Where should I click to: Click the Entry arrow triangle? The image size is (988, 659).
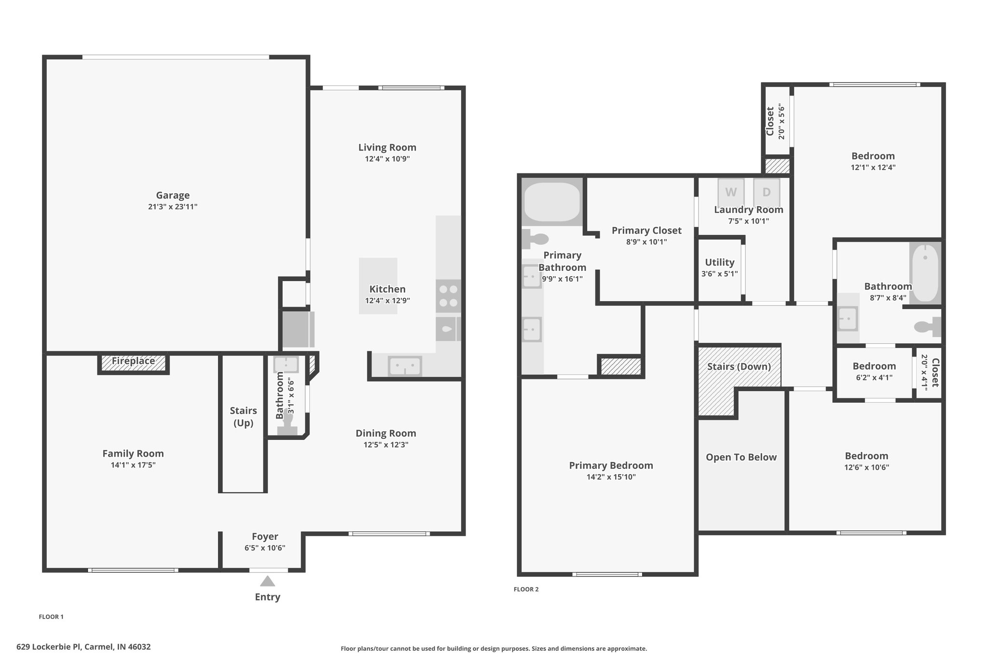click(x=267, y=581)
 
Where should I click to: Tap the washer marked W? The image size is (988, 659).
click(x=731, y=192)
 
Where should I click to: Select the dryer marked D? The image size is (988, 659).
click(x=767, y=192)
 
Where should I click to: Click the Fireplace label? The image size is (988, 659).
click(x=133, y=361)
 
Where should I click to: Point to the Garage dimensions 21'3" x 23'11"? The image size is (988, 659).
click(x=173, y=207)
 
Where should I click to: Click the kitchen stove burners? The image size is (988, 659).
click(x=448, y=296)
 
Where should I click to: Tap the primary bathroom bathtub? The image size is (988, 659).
click(x=552, y=201)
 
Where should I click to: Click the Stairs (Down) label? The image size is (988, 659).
click(x=739, y=366)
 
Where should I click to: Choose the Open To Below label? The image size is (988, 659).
click(x=741, y=457)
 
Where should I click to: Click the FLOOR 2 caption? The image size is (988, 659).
click(x=526, y=589)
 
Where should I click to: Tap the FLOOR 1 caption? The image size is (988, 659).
click(x=51, y=617)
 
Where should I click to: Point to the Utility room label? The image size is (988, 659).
click(x=720, y=262)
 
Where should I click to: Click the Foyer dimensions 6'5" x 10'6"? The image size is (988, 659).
click(x=265, y=548)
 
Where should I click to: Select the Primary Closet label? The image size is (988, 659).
click(x=646, y=230)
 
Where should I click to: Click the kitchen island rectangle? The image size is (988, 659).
click(x=378, y=286)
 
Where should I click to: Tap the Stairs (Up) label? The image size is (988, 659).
click(x=243, y=417)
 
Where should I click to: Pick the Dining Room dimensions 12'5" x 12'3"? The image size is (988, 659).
click(x=386, y=445)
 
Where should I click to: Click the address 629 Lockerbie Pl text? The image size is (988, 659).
click(x=50, y=646)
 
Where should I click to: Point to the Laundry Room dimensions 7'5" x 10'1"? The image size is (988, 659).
click(x=748, y=221)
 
